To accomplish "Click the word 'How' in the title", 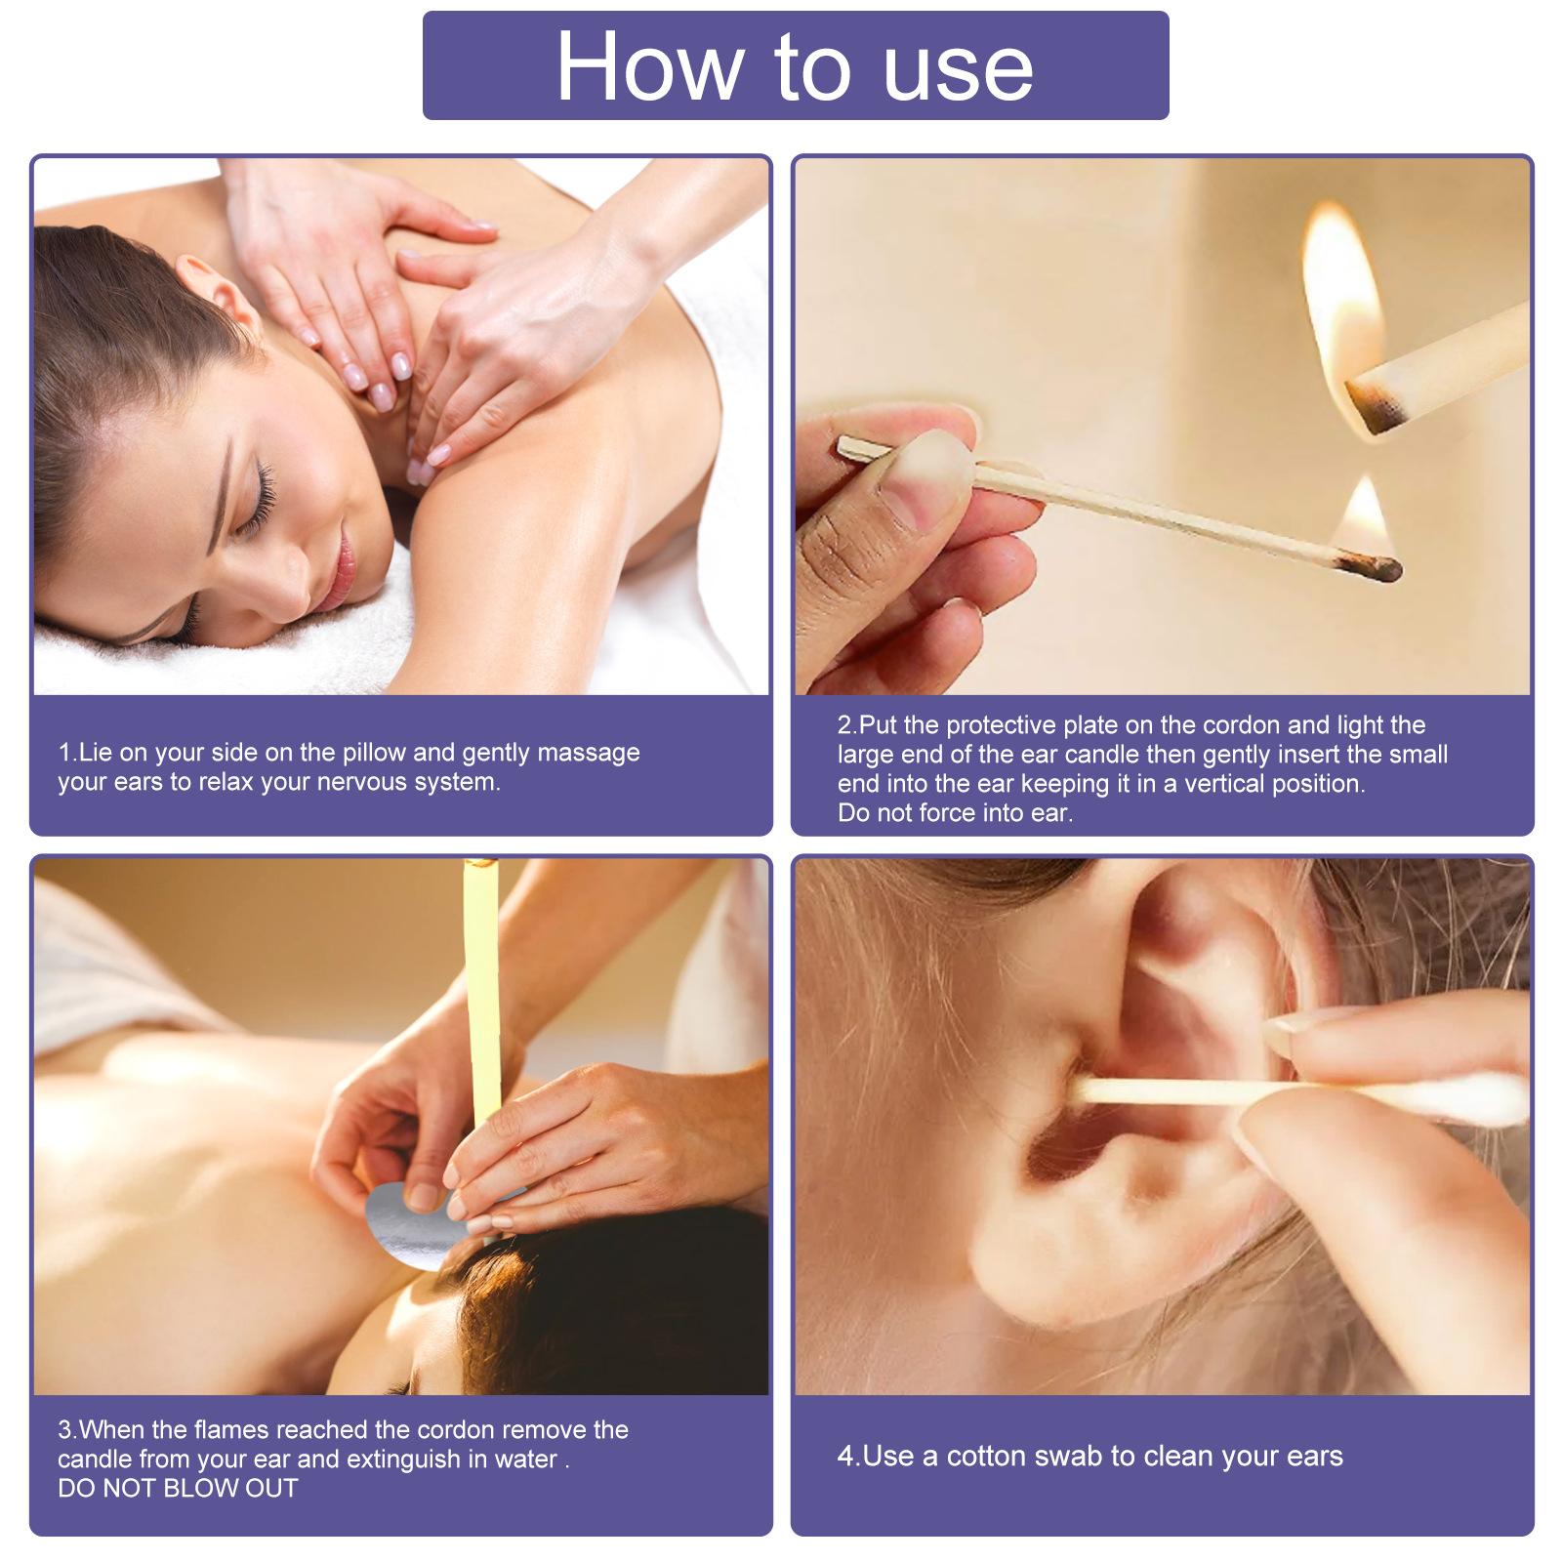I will pyautogui.click(x=649, y=68).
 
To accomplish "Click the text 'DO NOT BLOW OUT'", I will pyautogui.click(x=178, y=1488).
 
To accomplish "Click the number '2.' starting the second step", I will pyautogui.click(x=846, y=725).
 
